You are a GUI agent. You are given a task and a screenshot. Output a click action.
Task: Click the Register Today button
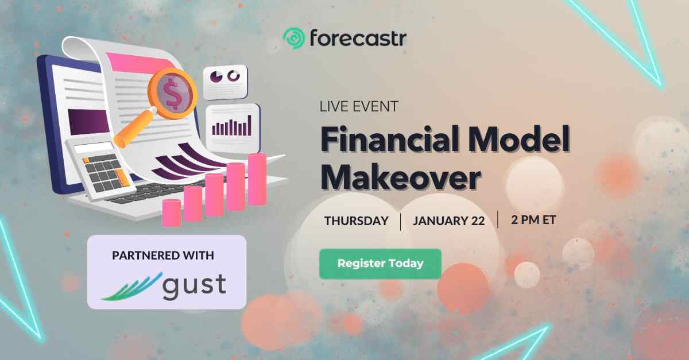point(380,264)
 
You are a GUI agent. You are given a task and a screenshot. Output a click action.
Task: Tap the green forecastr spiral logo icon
point(294,38)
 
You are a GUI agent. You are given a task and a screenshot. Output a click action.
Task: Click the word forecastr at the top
point(358,38)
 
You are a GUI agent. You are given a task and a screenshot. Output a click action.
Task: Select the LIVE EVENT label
point(359,106)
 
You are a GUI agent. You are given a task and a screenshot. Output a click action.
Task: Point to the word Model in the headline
point(520,140)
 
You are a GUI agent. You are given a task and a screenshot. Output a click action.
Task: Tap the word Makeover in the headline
point(401,177)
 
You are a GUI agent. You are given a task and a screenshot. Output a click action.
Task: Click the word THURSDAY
point(356,221)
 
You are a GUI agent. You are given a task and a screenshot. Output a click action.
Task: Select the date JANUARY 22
point(449,221)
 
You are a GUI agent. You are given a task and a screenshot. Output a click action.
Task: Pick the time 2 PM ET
point(533,220)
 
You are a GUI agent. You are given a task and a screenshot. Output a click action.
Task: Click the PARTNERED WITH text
point(163,256)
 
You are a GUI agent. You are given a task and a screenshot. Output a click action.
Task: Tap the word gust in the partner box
point(195,286)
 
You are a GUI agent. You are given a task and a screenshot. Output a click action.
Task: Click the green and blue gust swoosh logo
point(131,287)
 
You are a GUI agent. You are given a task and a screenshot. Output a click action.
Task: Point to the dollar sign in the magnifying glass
point(172,93)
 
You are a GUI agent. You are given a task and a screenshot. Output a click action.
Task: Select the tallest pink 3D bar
point(257,179)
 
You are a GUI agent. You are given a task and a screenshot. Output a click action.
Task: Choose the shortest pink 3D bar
point(171,212)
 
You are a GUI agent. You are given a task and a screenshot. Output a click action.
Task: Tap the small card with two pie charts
point(225,82)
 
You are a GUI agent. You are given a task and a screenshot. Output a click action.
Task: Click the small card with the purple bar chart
point(233,128)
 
